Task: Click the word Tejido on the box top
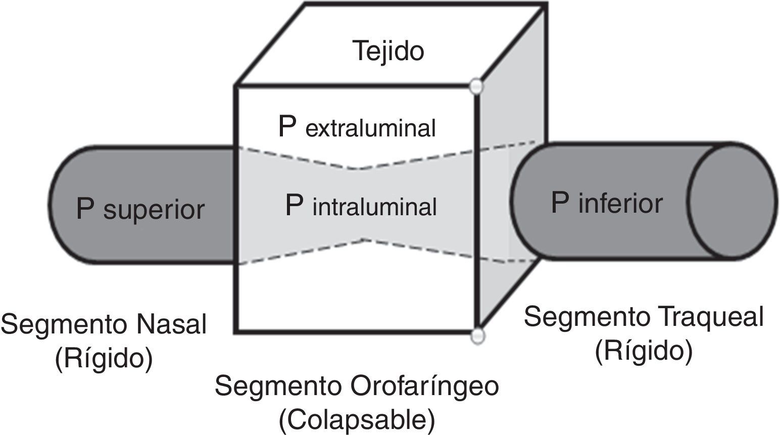(x=388, y=51)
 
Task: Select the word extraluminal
(x=370, y=129)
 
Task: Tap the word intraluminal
(x=374, y=207)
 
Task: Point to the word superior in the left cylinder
(x=154, y=210)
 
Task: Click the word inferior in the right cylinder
(x=620, y=204)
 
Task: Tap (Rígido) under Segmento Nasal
(x=104, y=359)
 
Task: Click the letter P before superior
(x=85, y=208)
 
